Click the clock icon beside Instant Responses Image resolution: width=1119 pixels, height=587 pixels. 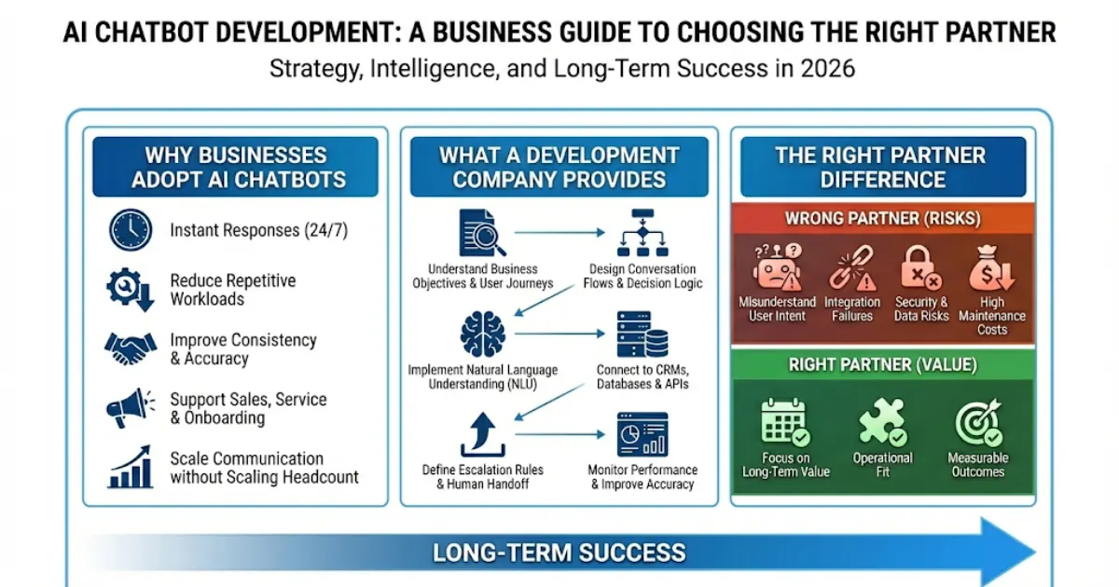coord(131,229)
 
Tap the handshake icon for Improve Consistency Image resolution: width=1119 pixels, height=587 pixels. coord(131,348)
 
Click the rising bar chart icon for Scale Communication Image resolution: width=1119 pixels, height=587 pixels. coord(131,467)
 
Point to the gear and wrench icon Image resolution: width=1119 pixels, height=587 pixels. coord(130,290)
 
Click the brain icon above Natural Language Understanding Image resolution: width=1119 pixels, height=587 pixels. coord(482,334)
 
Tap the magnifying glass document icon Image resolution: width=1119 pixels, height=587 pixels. coord(482,233)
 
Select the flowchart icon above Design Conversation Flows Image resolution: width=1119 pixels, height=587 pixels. coord(642,233)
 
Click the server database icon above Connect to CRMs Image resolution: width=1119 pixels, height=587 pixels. coord(642,334)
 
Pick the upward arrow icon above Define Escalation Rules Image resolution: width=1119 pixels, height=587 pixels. coord(482,435)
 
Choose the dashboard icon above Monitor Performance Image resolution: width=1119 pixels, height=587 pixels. coord(642,435)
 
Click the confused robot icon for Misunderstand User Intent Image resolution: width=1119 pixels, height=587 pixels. coord(778,267)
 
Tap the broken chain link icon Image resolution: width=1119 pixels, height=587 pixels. coord(852,267)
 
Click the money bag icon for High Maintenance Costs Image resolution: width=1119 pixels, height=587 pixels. coord(991,267)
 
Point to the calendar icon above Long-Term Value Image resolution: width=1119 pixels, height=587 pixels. coord(785,422)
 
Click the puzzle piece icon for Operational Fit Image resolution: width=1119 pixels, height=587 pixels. coord(883,422)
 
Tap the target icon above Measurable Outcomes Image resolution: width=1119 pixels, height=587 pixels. coord(978,422)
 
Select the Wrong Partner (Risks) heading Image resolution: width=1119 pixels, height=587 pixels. coord(883,218)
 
